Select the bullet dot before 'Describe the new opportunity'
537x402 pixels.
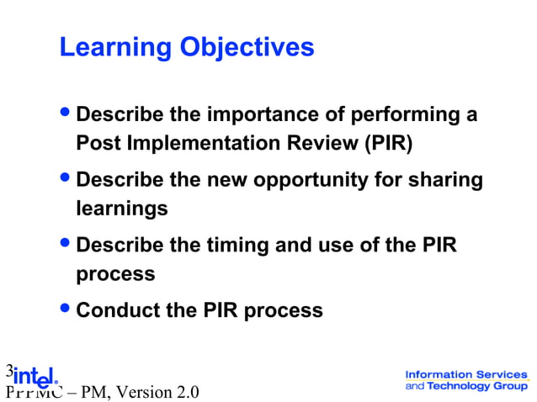[66, 179]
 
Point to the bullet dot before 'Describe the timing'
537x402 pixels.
[66, 245]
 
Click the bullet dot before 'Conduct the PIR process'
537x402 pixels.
[66, 309]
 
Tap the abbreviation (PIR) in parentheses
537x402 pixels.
[388, 143]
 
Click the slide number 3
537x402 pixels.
[8, 369]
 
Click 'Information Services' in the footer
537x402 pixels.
[466, 374]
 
